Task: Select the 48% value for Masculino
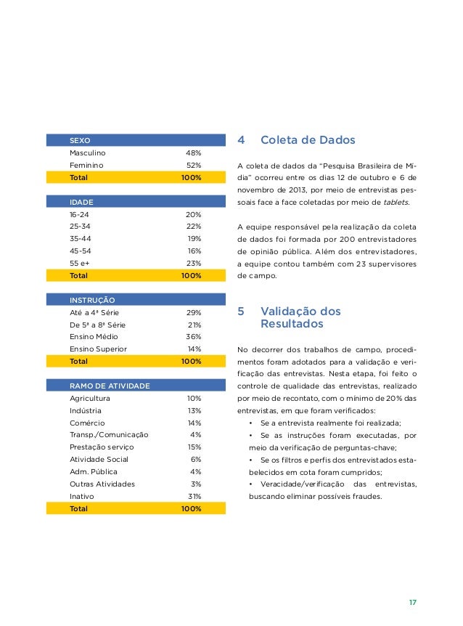point(193,153)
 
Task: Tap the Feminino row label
point(86,165)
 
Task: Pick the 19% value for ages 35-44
point(194,239)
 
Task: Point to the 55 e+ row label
point(78,263)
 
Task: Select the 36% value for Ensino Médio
point(193,337)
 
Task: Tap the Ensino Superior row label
point(98,349)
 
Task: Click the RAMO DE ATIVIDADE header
point(110,386)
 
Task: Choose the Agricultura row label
point(89,399)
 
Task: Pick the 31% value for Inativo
point(194,496)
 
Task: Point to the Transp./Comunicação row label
point(109,434)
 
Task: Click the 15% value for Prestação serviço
point(194,447)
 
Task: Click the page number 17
point(412,603)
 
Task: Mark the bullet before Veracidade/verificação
point(250,484)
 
